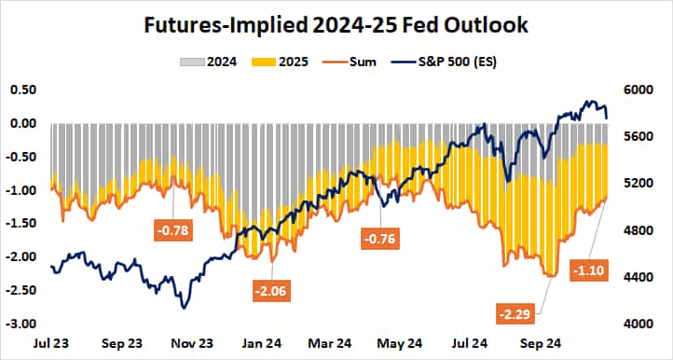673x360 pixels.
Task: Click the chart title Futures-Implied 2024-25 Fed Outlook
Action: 336,25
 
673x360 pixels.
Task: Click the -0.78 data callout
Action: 172,228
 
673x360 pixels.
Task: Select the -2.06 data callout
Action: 271,291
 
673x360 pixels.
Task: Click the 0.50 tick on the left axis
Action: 22,90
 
